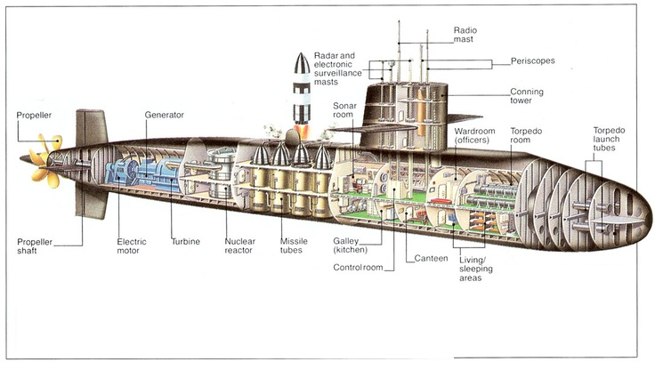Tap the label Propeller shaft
click(35, 246)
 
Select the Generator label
click(165, 115)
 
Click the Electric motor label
click(132, 246)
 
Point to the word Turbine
click(186, 241)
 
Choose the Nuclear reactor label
click(239, 246)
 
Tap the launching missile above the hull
click(301, 92)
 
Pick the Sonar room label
click(345, 110)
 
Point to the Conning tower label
click(527, 96)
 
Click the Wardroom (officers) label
click(473, 135)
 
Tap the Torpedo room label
click(525, 135)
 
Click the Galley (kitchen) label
click(352, 246)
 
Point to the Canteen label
click(430, 258)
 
